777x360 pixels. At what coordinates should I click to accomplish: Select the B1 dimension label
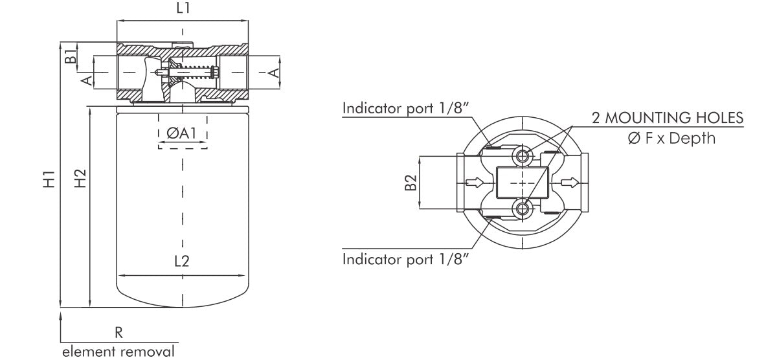pyautogui.click(x=69, y=55)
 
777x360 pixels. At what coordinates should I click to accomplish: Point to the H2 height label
pyautogui.click(x=80, y=179)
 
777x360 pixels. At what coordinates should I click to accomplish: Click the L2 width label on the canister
pyautogui.click(x=182, y=263)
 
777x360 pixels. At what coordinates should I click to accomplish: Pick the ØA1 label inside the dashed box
pyautogui.click(x=182, y=133)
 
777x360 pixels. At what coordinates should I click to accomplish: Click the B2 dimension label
pyautogui.click(x=409, y=183)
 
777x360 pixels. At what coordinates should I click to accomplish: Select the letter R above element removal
pyautogui.click(x=118, y=332)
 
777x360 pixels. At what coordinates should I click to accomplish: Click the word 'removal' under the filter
pyautogui.click(x=150, y=352)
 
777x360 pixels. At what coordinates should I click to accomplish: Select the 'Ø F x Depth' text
pyautogui.click(x=671, y=138)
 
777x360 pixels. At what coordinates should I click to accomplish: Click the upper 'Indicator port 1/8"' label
pyautogui.click(x=405, y=107)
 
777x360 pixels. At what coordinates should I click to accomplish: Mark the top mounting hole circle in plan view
pyautogui.click(x=522, y=156)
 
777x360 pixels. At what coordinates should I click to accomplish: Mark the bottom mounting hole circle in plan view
pyautogui.click(x=522, y=209)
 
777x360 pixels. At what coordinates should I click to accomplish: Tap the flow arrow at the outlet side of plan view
pyautogui.click(x=570, y=183)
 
